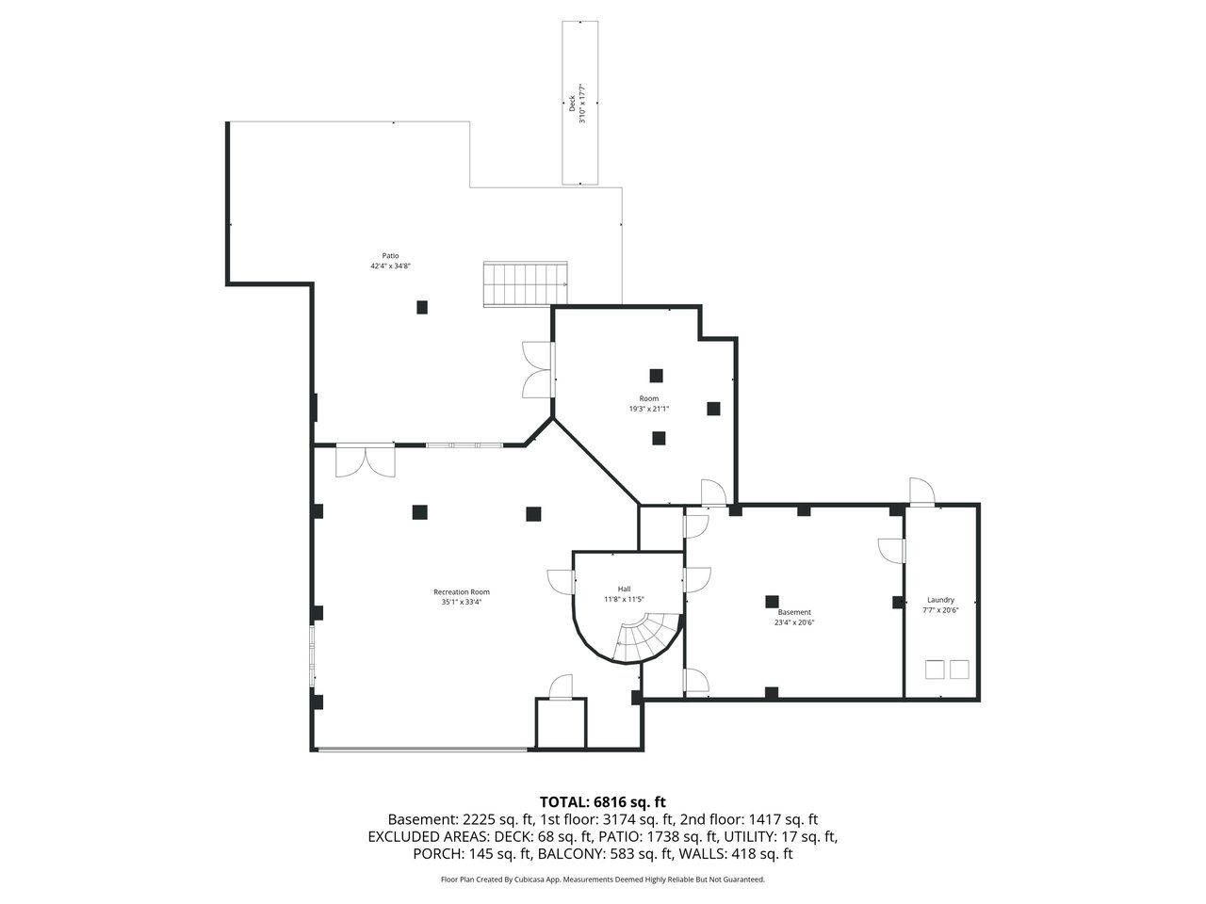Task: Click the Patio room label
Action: [x=390, y=256]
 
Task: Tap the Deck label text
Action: [x=571, y=104]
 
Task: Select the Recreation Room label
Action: [x=461, y=591]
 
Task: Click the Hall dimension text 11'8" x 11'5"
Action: [x=624, y=600]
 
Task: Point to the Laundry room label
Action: [x=940, y=600]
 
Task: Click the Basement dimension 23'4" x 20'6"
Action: [x=794, y=622]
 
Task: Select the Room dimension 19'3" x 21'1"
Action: [x=648, y=409]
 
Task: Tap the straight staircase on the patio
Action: [x=525, y=283]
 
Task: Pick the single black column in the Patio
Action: [x=421, y=307]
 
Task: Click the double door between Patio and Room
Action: [x=538, y=369]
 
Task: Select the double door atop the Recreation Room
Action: [x=365, y=460]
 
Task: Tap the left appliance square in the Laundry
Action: [x=934, y=670]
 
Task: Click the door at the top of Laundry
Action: [x=921, y=491]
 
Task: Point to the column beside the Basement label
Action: [x=772, y=602]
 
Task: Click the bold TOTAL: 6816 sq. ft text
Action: [x=602, y=802]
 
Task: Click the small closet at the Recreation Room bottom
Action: [x=561, y=723]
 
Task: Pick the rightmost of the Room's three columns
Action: [x=713, y=409]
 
